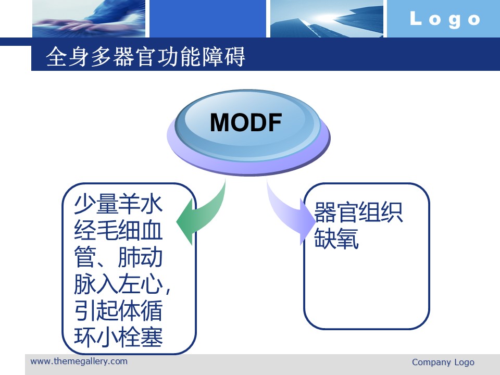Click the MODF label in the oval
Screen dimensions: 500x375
pyautogui.click(x=246, y=122)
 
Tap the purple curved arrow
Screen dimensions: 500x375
pyautogui.click(x=289, y=214)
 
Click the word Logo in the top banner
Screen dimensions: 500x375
pyautogui.click(x=445, y=19)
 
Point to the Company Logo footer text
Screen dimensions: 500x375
pyautogui.click(x=443, y=362)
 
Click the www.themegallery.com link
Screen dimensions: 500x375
pyautogui.click(x=79, y=361)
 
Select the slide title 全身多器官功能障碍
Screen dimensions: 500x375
pyautogui.click(x=145, y=57)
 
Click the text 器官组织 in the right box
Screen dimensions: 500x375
pyautogui.click(x=358, y=212)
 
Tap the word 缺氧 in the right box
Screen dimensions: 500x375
pyautogui.click(x=336, y=238)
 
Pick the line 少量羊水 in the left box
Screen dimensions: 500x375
pyautogui.click(x=118, y=204)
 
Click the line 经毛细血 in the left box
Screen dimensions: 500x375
pyautogui.click(x=118, y=231)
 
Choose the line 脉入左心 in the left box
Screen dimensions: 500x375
pyautogui.click(x=118, y=284)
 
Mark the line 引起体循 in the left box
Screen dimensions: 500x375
pyautogui.click(x=118, y=310)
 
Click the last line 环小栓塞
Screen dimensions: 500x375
pyautogui.click(x=118, y=337)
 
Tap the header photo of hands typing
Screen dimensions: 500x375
pyautogui.click(x=89, y=19)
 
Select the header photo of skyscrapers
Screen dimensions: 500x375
pyautogui.click(x=327, y=19)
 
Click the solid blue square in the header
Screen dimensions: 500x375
pyautogui.click(x=208, y=19)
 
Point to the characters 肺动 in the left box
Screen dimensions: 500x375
pyautogui.click(x=140, y=257)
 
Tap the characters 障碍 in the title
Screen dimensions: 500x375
pyautogui.click(x=223, y=57)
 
